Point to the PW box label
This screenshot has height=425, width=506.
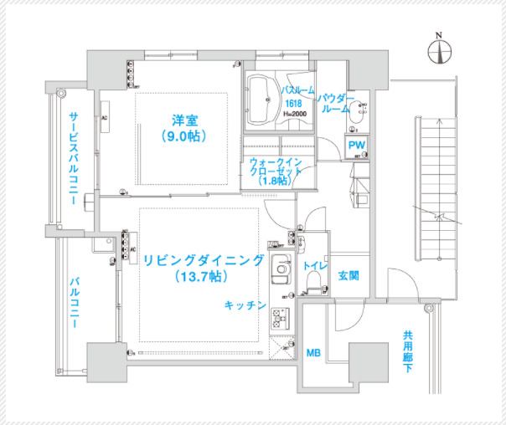[x=358, y=146]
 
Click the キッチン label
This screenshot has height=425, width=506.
[x=245, y=306]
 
